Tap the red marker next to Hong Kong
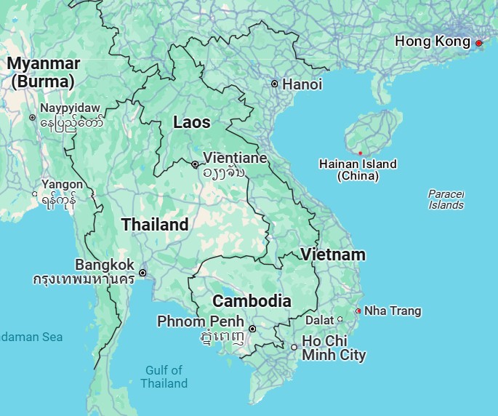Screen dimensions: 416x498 (478, 44)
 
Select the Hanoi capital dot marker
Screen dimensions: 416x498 (275, 84)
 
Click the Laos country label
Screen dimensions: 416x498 (192, 123)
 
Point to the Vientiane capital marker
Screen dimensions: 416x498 (195, 164)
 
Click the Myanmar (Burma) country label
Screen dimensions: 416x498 (44, 72)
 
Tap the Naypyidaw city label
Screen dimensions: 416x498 (70, 108)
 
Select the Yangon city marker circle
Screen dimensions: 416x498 (36, 194)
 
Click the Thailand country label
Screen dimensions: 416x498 (155, 225)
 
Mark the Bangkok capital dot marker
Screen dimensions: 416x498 (142, 273)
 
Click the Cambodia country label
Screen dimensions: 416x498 (252, 301)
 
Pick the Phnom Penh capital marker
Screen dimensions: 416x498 (252, 329)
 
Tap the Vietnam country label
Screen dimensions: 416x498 (333, 255)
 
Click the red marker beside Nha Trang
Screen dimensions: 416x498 (358, 311)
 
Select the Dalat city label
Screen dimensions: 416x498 (319, 319)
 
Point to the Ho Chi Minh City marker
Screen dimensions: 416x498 (294, 347)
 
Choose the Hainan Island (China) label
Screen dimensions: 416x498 (358, 169)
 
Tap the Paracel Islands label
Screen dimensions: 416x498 (446, 199)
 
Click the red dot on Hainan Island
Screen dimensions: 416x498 (360, 153)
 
